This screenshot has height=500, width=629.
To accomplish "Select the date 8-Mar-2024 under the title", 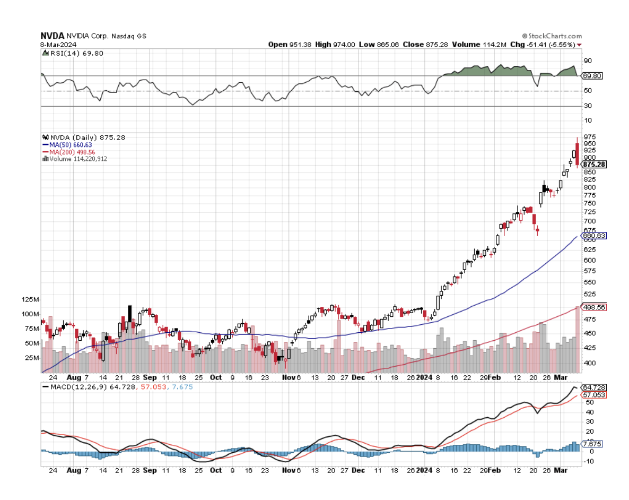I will point(59,44).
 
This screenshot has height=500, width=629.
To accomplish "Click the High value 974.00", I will point(335,45).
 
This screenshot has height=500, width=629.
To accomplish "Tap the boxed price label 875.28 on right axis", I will point(594,165).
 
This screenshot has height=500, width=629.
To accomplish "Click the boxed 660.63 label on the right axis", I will point(594,235).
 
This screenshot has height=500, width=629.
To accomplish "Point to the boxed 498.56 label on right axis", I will point(594,307).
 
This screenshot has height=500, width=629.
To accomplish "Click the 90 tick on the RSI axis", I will point(588,60).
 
